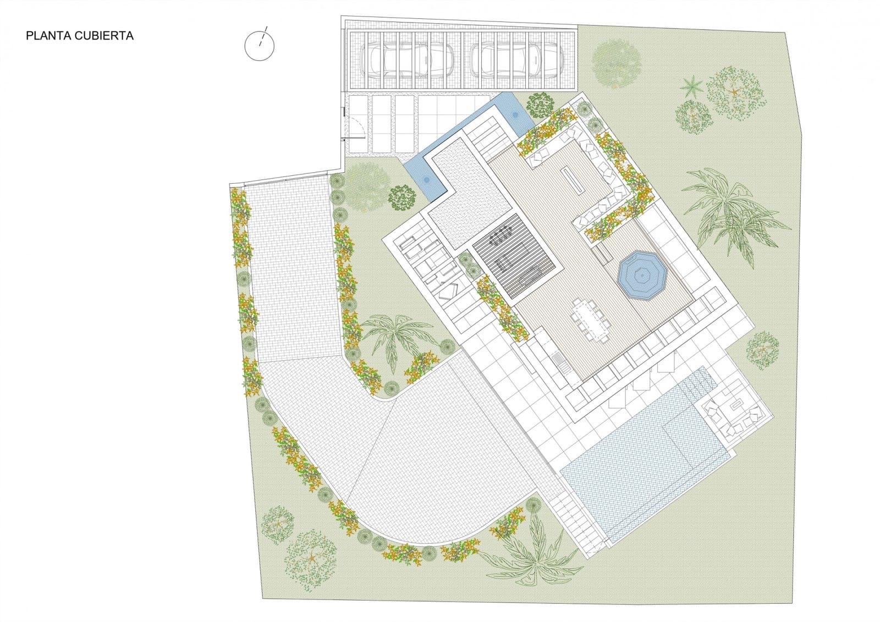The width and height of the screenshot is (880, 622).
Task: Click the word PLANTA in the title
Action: point(44,36)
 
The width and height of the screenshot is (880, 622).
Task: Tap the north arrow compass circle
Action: point(260,46)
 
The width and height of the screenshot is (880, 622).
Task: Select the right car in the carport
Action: point(516,59)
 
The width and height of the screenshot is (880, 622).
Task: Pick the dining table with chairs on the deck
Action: point(592,321)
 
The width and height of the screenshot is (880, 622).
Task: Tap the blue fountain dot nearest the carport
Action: point(515,115)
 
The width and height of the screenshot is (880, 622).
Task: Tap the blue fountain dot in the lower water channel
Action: point(426,179)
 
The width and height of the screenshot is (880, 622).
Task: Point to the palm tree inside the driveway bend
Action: point(396,335)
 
